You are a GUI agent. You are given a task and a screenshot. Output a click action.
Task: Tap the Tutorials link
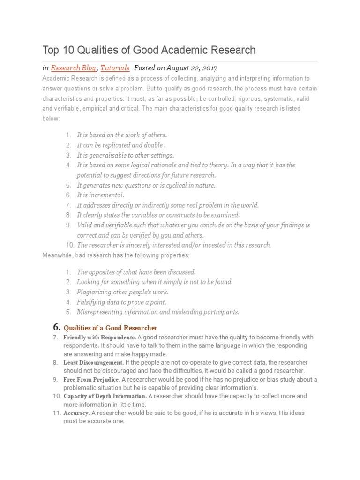tap(115, 67)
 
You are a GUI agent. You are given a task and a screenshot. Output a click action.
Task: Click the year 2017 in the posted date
tap(208, 67)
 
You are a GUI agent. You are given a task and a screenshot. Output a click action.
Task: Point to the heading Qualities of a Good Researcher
tap(110, 328)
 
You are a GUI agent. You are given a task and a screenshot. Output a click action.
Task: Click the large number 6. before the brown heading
tap(55, 327)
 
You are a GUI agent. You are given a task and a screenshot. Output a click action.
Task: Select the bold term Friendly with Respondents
tap(99, 337)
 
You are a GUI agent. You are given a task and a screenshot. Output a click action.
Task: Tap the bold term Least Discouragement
tap(93, 362)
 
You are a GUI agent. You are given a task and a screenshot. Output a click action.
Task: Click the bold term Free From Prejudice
tap(92, 379)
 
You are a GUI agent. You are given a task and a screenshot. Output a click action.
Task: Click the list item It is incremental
tap(100, 195)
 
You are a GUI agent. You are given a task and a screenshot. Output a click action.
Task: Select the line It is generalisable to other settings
tap(125, 155)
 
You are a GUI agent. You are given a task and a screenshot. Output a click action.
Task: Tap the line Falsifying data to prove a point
tap(121, 302)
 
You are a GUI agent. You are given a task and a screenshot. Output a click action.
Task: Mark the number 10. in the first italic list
tap(70, 245)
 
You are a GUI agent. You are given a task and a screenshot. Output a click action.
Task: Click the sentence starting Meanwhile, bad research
tap(116, 255)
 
